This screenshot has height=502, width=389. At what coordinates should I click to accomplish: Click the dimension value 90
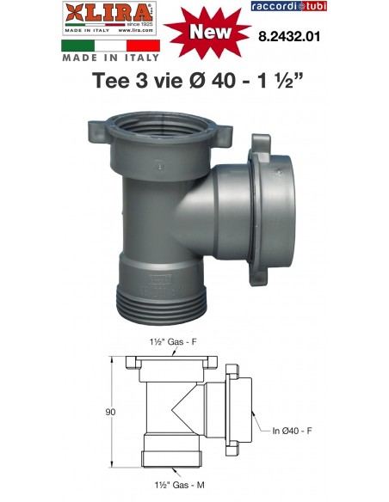(x=110, y=412)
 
